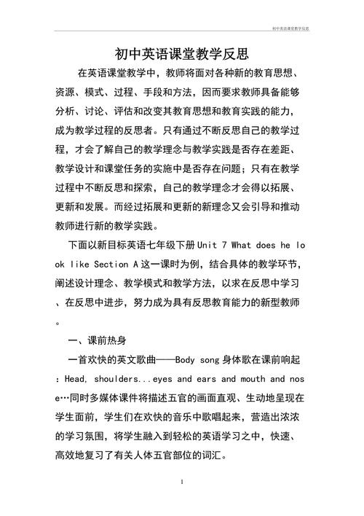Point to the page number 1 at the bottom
click(x=181, y=482)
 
